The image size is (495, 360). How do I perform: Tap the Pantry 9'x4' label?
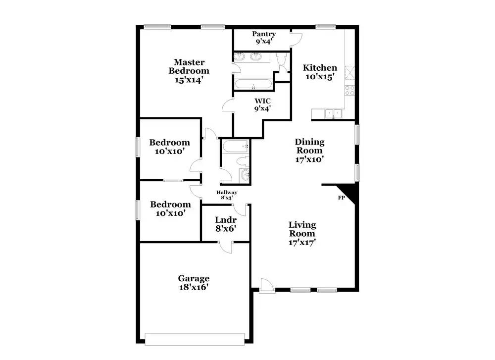tap(264, 38)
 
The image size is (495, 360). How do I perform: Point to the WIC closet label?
tap(262, 104)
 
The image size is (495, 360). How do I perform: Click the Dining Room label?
tap(309, 146)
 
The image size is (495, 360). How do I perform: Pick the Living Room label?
tap(302, 229)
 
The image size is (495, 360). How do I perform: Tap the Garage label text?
tap(194, 278)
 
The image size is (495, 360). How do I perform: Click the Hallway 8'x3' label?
tap(227, 195)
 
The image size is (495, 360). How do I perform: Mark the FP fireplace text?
tap(341, 198)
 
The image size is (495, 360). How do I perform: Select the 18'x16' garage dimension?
tap(194, 287)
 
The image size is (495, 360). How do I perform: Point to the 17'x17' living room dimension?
tap(302, 243)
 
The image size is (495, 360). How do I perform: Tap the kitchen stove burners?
tap(350, 91)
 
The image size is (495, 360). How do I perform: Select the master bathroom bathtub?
tap(253, 84)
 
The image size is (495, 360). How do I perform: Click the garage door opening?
tap(195, 338)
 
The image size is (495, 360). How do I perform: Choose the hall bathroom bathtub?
tap(235, 146)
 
